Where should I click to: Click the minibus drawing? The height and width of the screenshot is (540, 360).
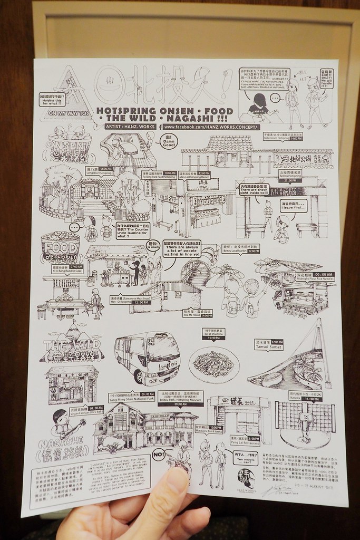pos(147,358)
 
